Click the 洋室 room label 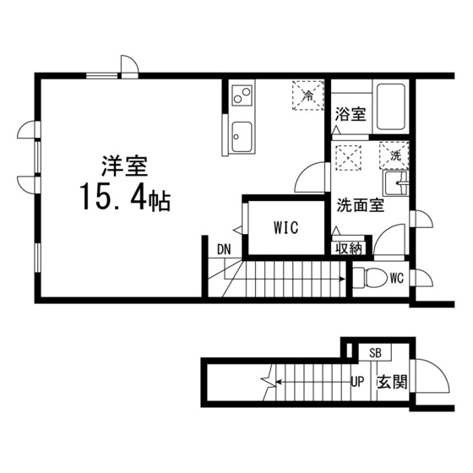[x=125, y=166]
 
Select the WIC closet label [x=286, y=228]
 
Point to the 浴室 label [x=351, y=114]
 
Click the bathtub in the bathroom [x=390, y=107]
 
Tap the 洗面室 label [x=360, y=205]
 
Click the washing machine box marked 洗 [x=394, y=155]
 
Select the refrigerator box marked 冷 [x=307, y=95]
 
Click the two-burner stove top [x=242, y=95]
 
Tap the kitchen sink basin [x=242, y=137]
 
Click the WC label [x=397, y=279]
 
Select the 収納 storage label [x=349, y=248]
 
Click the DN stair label [x=224, y=249]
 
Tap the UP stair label [x=357, y=382]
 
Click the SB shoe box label [x=375, y=353]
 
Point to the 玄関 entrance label [x=392, y=382]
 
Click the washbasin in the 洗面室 [x=396, y=183]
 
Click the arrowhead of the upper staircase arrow [x=342, y=279]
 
